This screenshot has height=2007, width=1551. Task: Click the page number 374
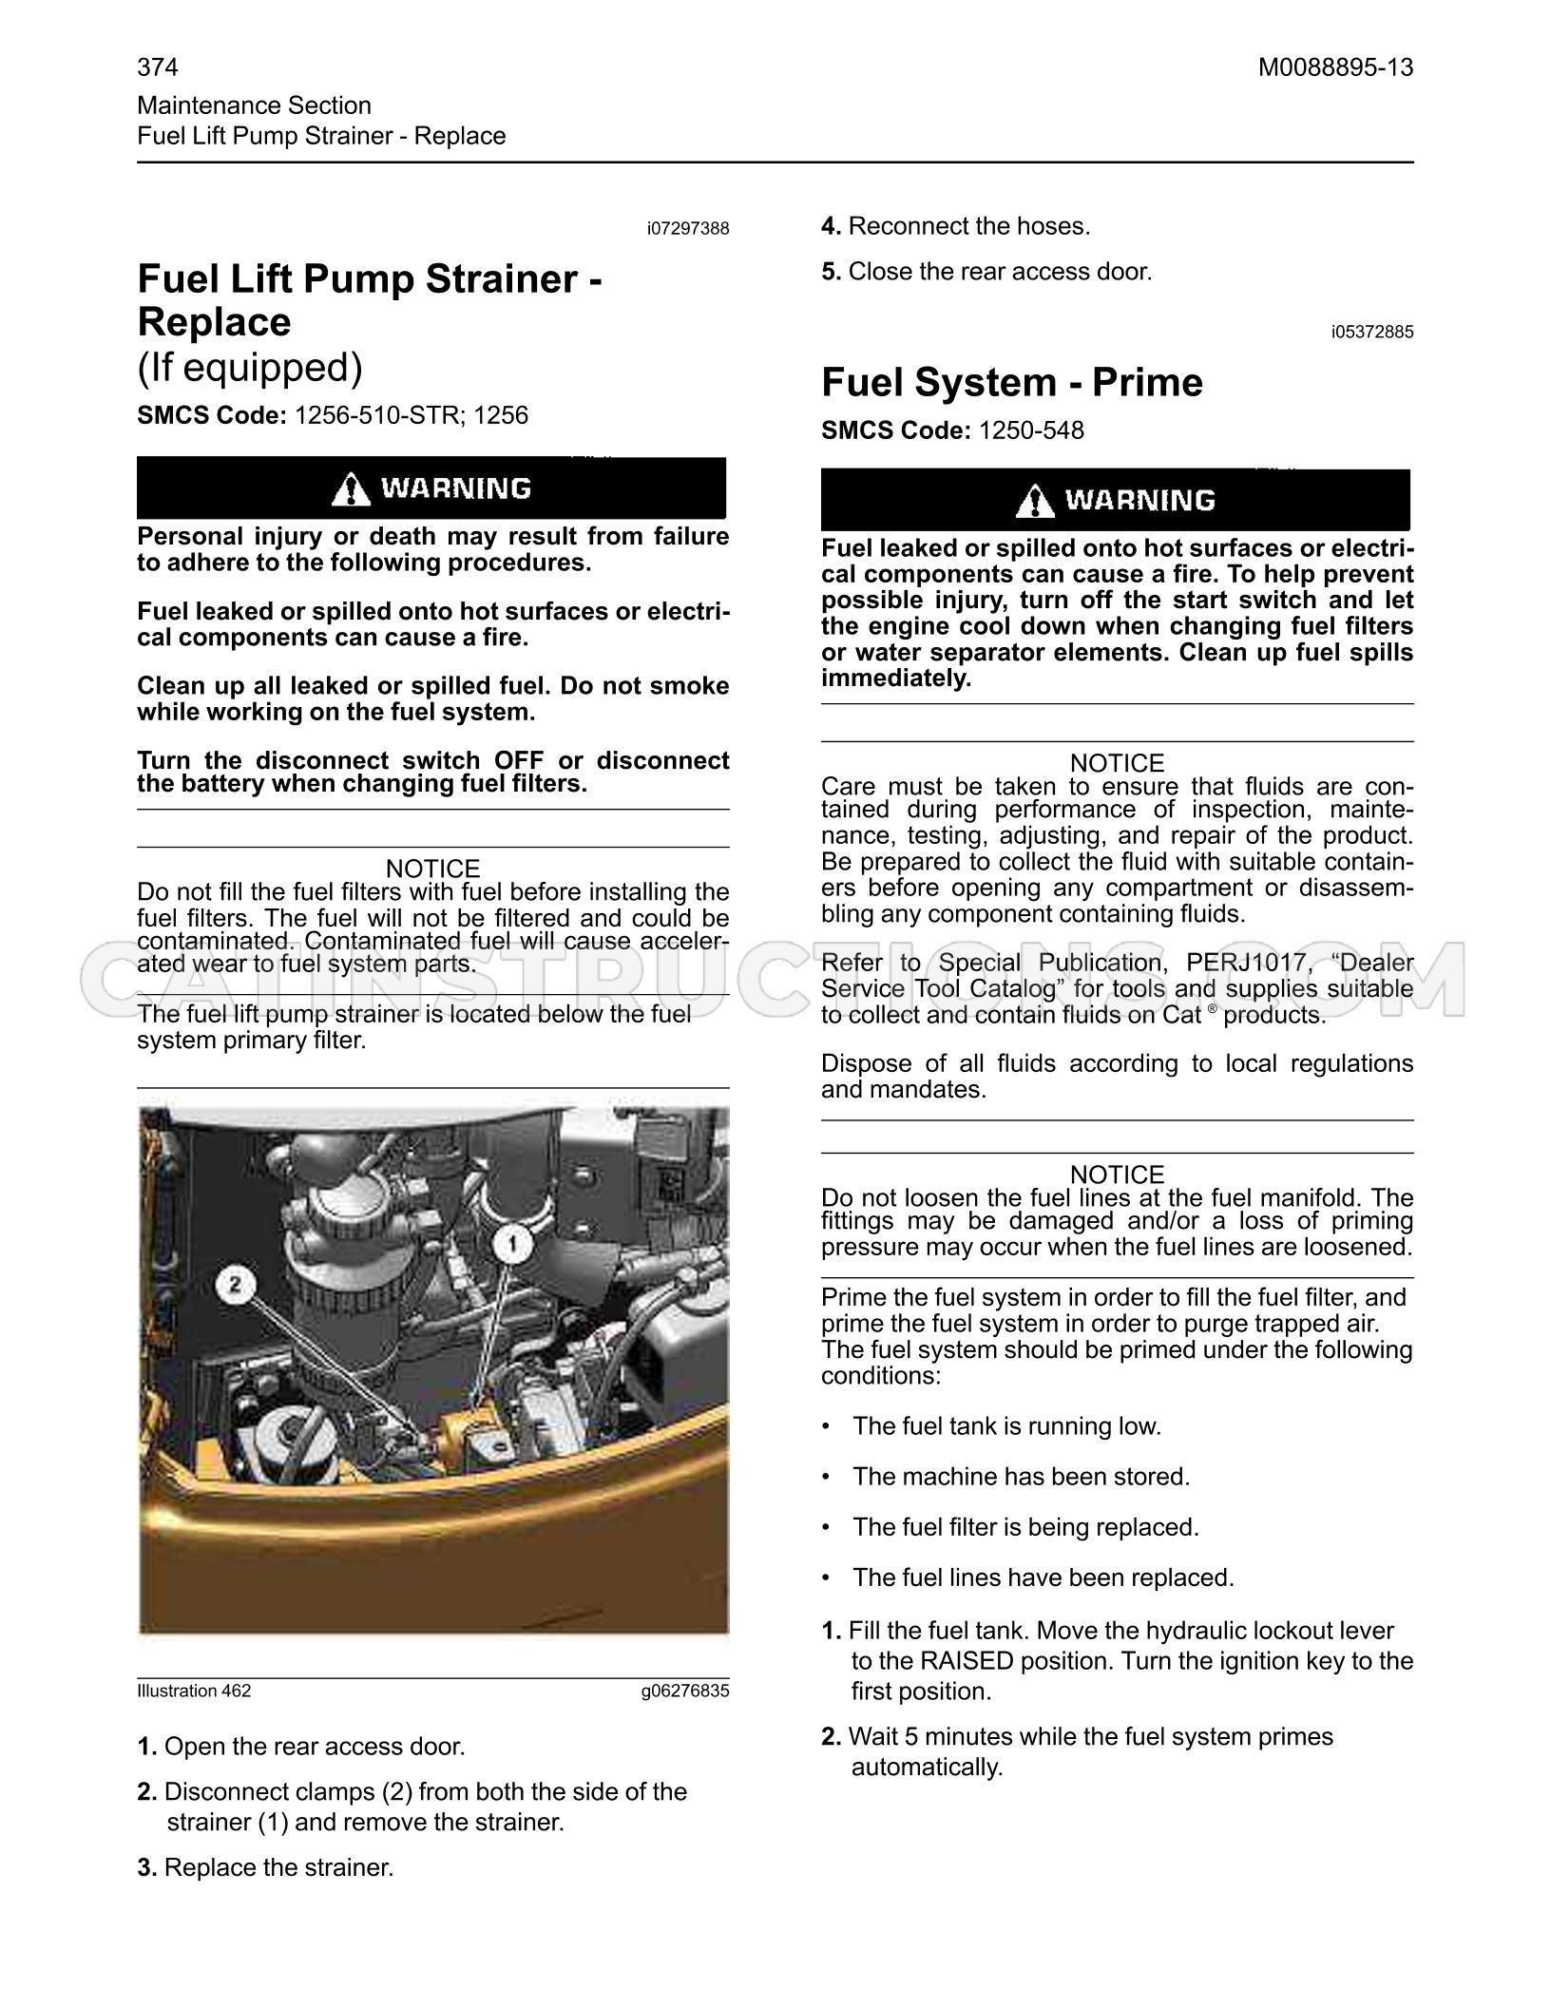click(158, 67)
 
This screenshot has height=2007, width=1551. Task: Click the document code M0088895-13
click(1335, 67)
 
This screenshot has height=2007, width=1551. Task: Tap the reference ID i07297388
click(688, 229)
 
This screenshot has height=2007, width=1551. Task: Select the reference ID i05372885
click(1372, 332)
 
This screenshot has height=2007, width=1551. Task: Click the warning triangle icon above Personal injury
click(352, 488)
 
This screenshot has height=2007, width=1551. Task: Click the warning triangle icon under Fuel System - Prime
click(1035, 501)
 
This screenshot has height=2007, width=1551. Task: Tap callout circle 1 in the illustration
click(513, 1243)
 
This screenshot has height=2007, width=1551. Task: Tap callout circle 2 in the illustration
click(235, 1286)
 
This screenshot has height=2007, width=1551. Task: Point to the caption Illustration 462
click(194, 1691)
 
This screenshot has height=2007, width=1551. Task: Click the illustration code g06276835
click(685, 1691)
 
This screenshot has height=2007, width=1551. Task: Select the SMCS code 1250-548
click(1031, 430)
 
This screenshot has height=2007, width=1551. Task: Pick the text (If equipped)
click(250, 369)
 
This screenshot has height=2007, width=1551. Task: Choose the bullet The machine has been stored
click(1021, 1477)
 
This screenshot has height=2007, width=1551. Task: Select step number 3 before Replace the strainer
click(147, 1867)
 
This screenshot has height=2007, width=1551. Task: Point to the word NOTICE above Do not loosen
click(1117, 1175)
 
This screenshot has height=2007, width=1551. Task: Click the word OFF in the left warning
click(518, 761)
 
